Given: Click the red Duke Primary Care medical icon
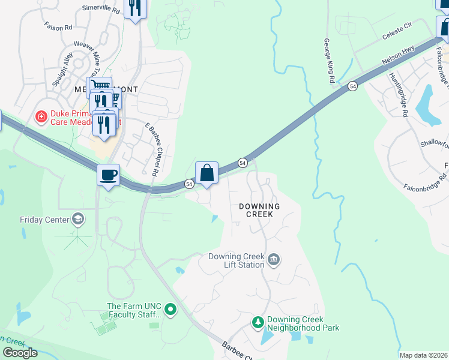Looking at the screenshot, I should coord(41,115).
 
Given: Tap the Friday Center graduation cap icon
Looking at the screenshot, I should coord(78,219).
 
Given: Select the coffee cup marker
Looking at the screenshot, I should coord(108,175).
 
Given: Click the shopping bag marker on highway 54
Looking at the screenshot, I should coord(206,173).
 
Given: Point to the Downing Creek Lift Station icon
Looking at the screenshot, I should coord(274,260).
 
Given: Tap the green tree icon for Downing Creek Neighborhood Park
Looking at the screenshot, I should coord(258,323).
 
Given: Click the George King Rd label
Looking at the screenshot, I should coord(328,61).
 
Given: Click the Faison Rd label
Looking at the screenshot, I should coord(58,27).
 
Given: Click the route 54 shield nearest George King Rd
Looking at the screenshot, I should coord(352,87).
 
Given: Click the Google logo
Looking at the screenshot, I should coord(20,352).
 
